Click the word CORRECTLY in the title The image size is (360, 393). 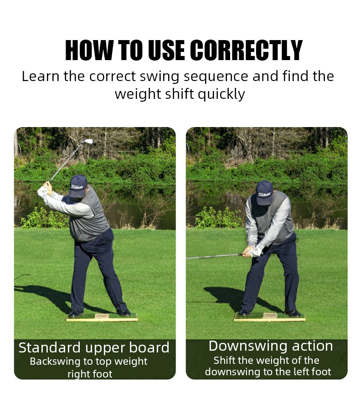pos(246,51)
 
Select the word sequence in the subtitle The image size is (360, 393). pos(217,76)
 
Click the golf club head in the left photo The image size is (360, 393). pos(88,142)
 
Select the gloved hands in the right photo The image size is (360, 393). pos(253,251)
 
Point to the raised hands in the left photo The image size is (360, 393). pos(44,189)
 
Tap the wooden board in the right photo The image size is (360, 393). pos(269,317)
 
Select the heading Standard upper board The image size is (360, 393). pos(94,348)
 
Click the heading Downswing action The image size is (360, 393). pos(271,346)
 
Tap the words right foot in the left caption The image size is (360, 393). pos(90,374)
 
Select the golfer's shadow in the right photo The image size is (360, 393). pos(223,293)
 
